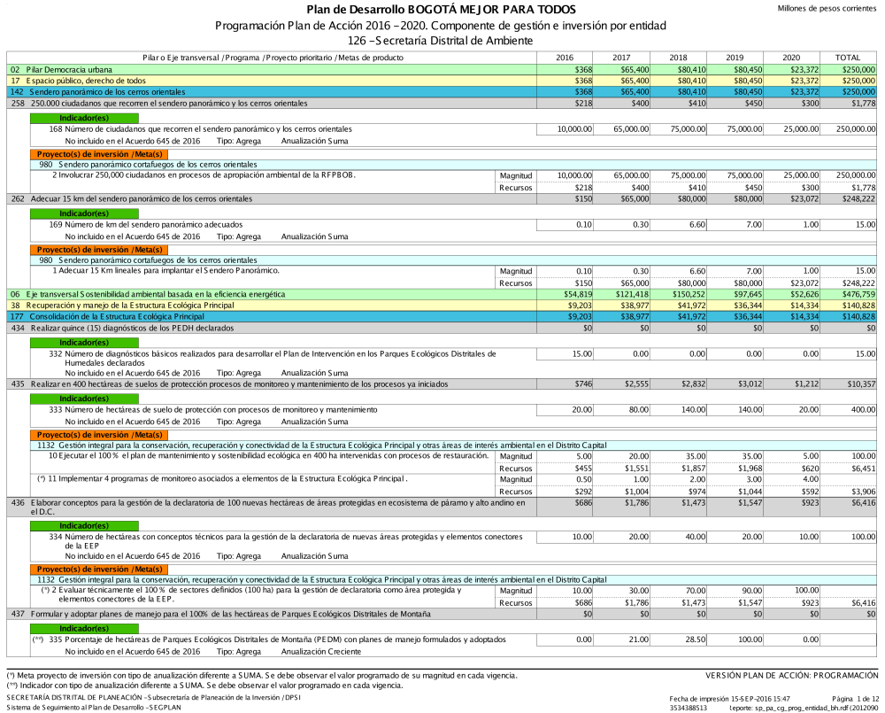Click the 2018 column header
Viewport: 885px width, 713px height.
click(678, 58)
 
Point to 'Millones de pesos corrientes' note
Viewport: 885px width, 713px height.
click(827, 8)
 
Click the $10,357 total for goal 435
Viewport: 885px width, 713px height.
click(859, 385)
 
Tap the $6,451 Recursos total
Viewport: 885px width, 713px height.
click(860, 468)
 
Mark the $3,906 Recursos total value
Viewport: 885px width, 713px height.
click(860, 491)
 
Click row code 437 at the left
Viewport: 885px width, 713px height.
click(18, 614)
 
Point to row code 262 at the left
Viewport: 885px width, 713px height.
click(18, 198)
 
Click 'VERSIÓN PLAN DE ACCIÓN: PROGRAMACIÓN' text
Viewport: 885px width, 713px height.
click(792, 676)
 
